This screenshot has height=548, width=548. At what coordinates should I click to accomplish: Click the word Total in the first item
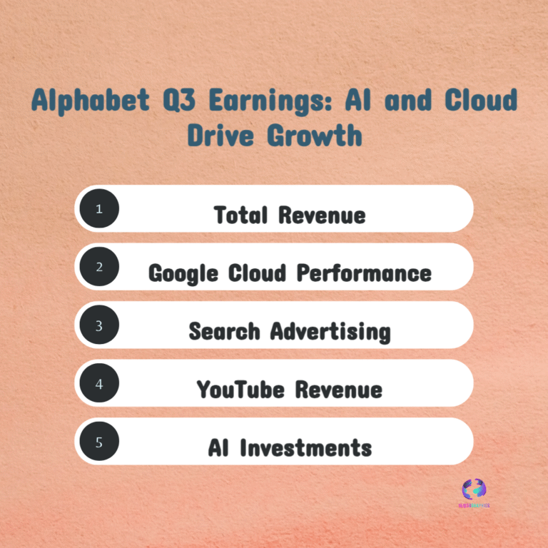(242, 214)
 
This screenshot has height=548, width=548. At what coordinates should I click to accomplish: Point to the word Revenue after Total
(322, 215)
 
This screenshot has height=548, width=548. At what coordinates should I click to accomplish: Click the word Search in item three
(225, 331)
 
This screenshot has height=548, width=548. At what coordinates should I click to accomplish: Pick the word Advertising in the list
(330, 331)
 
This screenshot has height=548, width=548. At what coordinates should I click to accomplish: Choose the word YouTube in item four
(242, 390)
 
